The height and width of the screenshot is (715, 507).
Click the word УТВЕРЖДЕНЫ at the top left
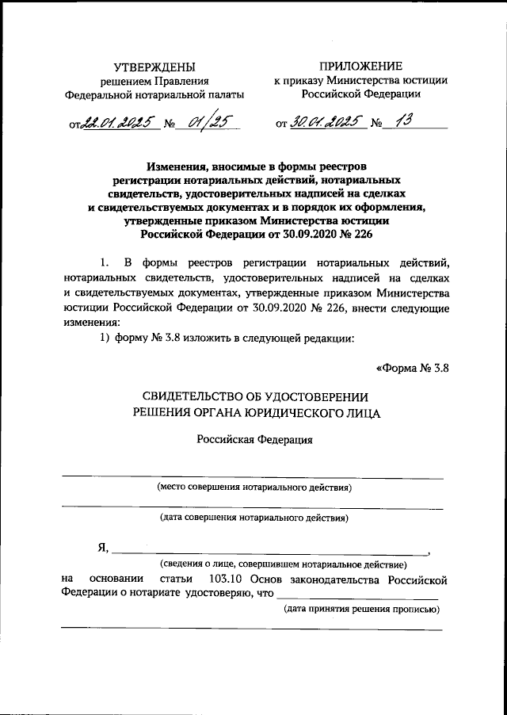click(x=153, y=67)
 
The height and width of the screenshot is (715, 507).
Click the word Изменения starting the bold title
click(x=179, y=166)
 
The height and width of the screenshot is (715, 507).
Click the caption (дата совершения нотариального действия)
click(x=253, y=518)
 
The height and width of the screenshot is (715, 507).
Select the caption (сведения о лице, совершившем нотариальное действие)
click(x=282, y=564)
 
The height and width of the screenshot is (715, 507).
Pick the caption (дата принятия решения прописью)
click(x=361, y=609)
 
